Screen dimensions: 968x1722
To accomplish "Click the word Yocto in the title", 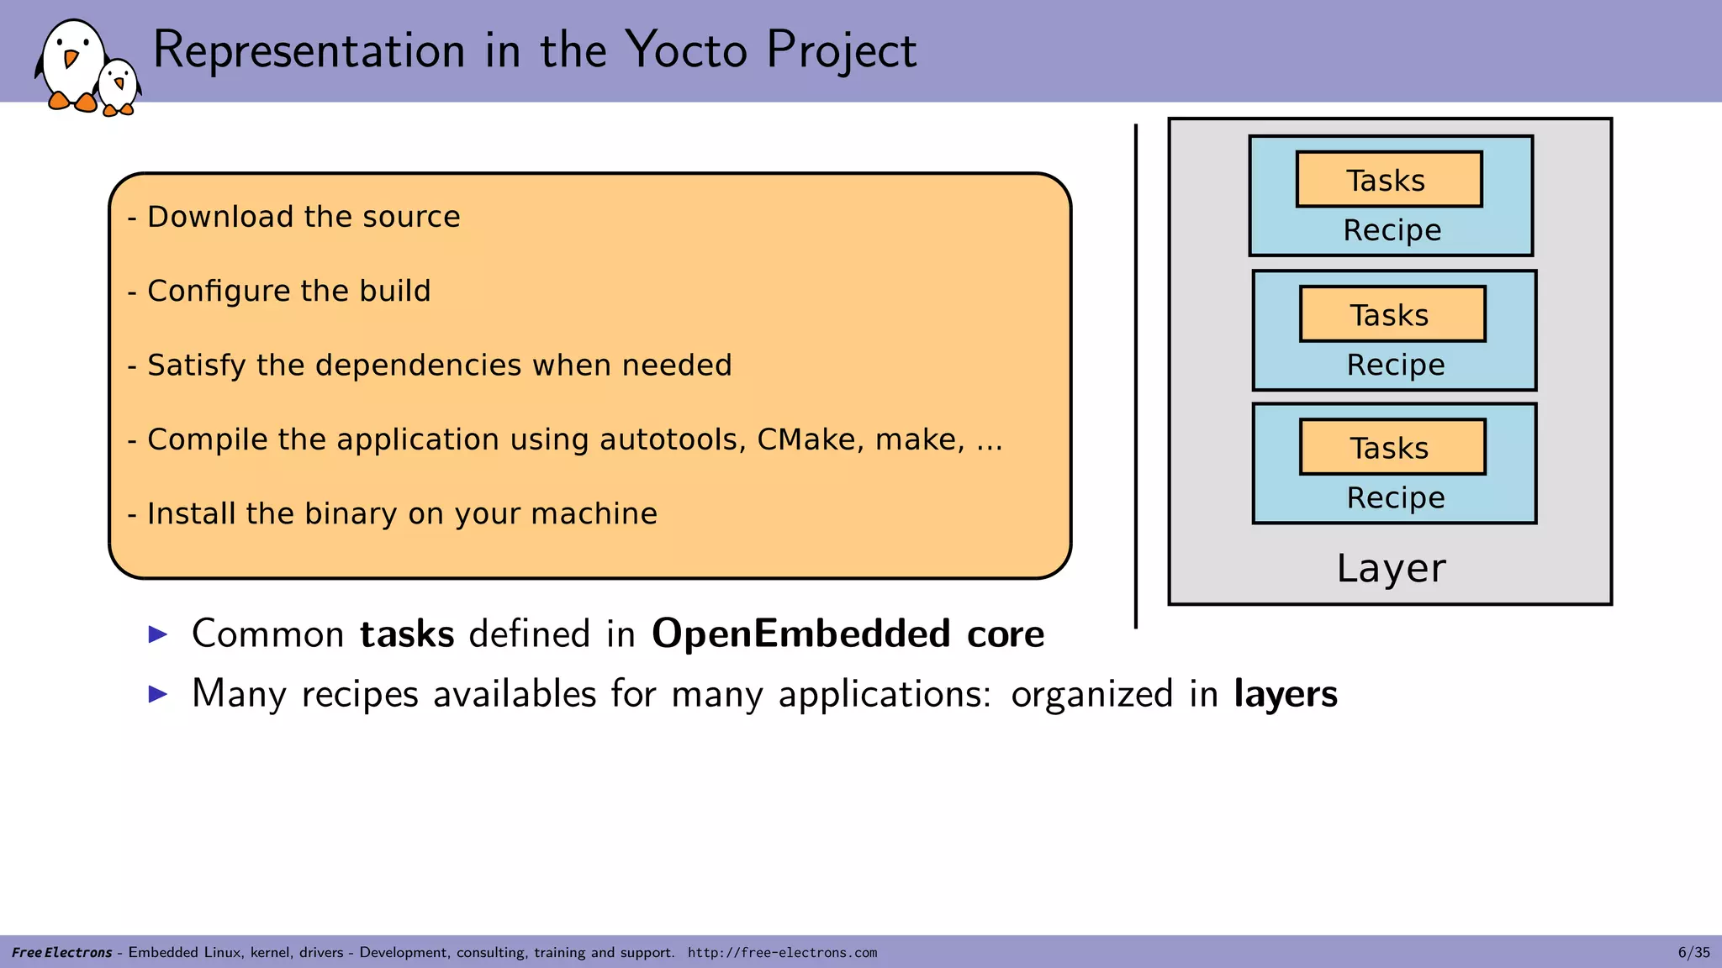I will point(686,50).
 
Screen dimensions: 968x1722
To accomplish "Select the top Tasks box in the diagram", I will point(1388,180).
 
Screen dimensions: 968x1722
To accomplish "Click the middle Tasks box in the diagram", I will point(1392,314).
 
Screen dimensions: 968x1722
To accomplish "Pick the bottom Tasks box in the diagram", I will point(1392,447).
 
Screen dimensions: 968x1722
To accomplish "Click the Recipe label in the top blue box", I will point(1392,230).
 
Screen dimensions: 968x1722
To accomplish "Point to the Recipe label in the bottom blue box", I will point(1395,497).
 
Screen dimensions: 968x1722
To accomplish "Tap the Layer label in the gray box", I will point(1391,569).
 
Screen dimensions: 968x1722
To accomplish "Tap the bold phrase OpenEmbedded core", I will point(848,634).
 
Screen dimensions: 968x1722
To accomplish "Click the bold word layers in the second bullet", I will point(1285,694).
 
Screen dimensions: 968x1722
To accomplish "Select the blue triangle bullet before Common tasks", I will point(158,634).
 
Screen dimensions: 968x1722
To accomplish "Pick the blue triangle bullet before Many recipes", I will point(158,694).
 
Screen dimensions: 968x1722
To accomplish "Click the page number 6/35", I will point(1693,952).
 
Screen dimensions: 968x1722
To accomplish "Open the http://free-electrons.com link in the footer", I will point(782,953).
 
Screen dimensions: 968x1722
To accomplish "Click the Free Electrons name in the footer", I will point(61,953).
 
